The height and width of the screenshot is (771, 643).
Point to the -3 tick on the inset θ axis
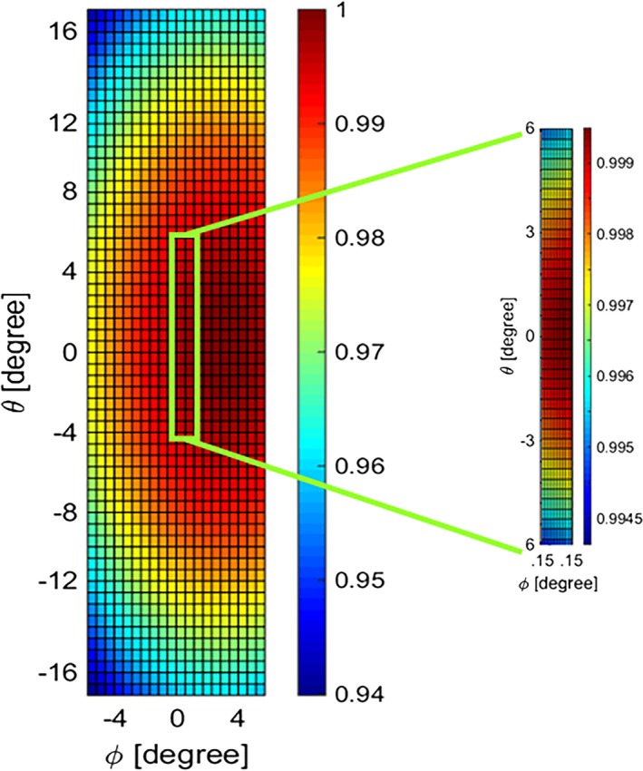pyautogui.click(x=526, y=440)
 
